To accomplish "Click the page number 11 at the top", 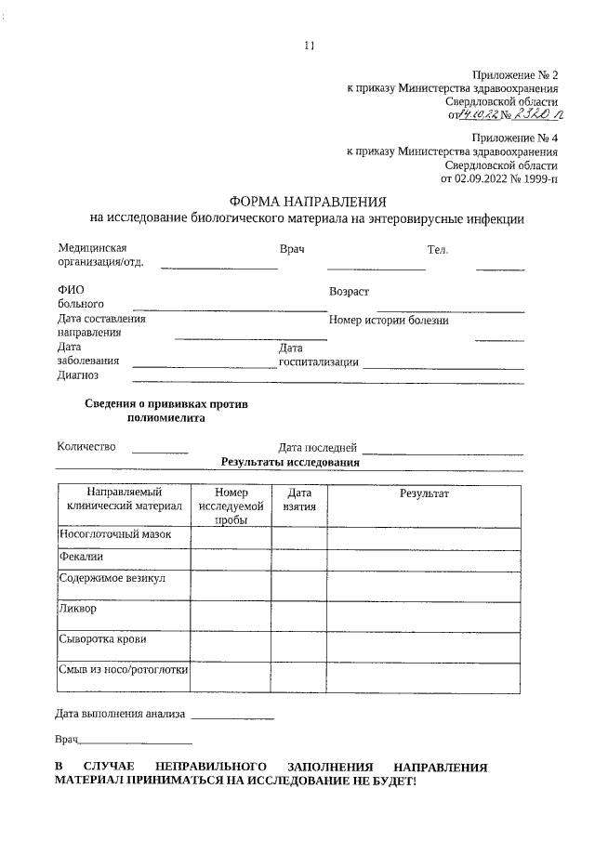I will tap(310, 45).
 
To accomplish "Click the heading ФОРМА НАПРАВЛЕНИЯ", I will tap(307, 202).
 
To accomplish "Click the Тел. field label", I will tap(438, 250).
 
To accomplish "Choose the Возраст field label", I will tap(349, 292).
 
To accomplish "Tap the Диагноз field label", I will tap(78, 375).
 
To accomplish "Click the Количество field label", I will tap(86, 446).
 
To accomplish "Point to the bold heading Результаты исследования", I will tap(290, 462).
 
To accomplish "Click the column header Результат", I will tap(424, 493).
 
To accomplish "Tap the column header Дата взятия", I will tap(299, 500).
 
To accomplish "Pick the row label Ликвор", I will tap(78, 610).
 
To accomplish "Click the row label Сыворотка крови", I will tap(102, 639).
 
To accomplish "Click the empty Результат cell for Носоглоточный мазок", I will tap(424, 536).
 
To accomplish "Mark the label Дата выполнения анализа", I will tap(120, 714).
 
